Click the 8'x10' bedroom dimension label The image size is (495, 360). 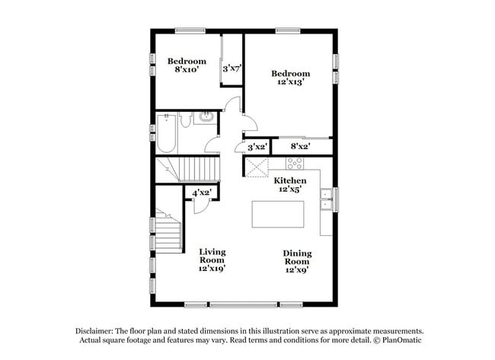[x=187, y=69]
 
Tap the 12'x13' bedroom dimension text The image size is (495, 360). [x=290, y=81]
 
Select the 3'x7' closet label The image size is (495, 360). [x=232, y=68]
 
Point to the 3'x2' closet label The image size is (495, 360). [x=257, y=147]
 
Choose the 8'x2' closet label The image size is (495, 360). [x=300, y=146]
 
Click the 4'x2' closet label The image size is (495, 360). [x=201, y=193]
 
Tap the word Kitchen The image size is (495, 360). [x=290, y=180]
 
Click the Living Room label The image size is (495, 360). [x=212, y=256]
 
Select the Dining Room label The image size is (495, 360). [x=297, y=257]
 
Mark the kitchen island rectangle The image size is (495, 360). [x=278, y=214]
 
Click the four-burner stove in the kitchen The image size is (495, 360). [x=295, y=164]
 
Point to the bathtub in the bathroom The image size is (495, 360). [x=166, y=133]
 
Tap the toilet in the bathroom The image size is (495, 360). [x=186, y=119]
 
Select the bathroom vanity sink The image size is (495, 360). [x=206, y=117]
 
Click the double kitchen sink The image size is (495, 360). [x=326, y=199]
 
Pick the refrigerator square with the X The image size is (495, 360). [x=257, y=167]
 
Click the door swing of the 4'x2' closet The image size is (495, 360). [x=201, y=207]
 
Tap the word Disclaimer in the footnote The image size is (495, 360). [x=94, y=331]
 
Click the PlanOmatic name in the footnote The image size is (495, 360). [x=402, y=340]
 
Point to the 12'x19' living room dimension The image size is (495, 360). [x=212, y=269]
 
